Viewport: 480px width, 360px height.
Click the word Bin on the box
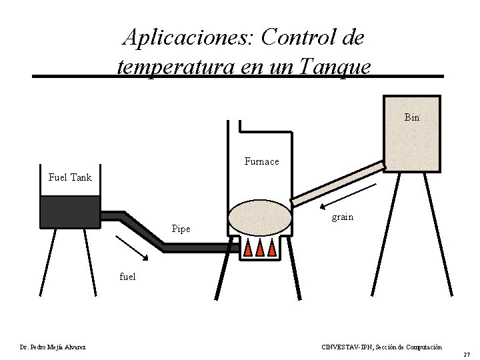click(411, 117)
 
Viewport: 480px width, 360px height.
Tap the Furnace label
click(261, 161)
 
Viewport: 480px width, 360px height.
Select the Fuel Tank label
click(70, 177)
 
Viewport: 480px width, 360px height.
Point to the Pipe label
click(181, 229)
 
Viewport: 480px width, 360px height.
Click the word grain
click(343, 217)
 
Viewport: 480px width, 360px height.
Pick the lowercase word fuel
click(127, 276)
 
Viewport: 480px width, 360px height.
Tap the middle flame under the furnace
click(260, 248)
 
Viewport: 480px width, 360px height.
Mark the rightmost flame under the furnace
click(272, 248)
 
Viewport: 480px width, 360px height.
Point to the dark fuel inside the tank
click(69, 211)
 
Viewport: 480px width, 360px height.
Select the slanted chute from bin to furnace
click(338, 182)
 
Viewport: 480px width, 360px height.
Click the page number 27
click(467, 354)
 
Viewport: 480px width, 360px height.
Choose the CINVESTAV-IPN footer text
click(381, 347)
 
